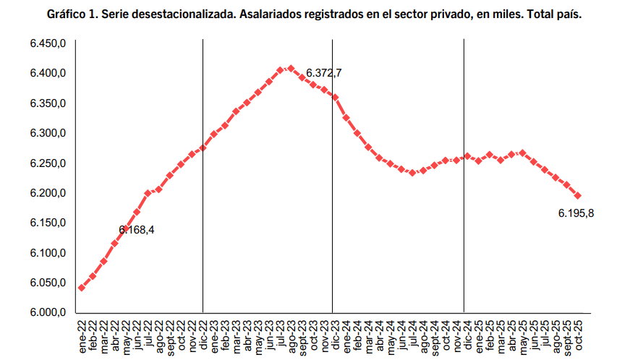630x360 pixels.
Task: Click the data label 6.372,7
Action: point(323,73)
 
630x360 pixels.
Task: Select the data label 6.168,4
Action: point(137,230)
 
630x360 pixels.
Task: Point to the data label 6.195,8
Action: point(580,213)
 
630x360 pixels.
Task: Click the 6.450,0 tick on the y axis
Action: point(48,44)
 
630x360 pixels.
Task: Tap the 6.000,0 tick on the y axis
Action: point(48,312)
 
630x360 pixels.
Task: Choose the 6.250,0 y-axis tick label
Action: point(48,163)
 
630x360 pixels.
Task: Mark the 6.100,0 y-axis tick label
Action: point(48,253)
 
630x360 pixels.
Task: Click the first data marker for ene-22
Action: point(81,288)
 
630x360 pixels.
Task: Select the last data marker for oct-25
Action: point(578,196)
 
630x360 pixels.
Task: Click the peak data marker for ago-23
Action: point(291,69)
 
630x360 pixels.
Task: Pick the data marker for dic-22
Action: point(203,147)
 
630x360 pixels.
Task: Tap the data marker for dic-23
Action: point(335,97)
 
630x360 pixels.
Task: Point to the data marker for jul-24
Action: point(412,173)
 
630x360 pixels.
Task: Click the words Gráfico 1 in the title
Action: point(72,14)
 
